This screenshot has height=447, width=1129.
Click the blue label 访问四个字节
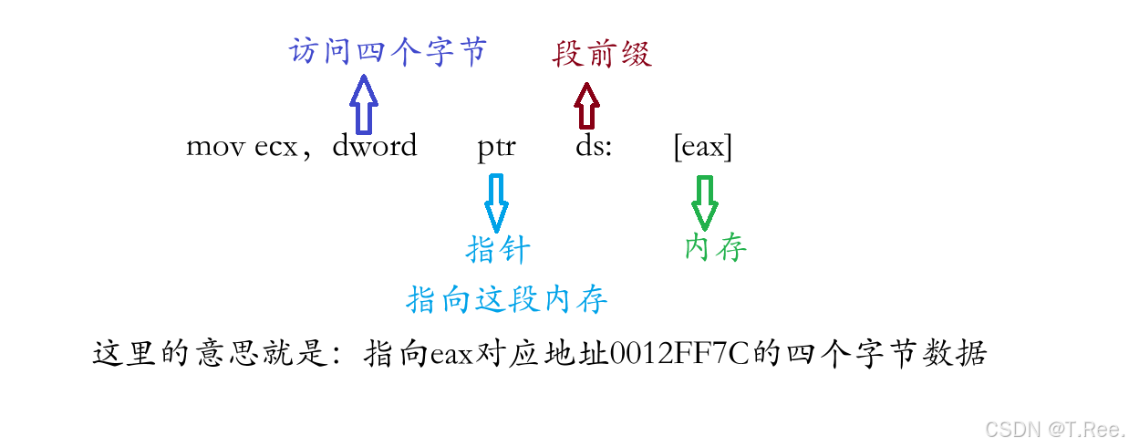388,52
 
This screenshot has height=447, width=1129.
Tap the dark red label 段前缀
602,55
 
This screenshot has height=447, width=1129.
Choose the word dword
375,146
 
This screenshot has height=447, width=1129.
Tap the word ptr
496,147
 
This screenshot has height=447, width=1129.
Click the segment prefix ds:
593,146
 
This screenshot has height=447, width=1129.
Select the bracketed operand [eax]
702,147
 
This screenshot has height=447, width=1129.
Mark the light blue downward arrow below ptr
496,202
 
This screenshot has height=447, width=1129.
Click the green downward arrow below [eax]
704,202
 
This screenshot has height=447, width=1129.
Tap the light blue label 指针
498,249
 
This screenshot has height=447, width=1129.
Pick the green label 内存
716,247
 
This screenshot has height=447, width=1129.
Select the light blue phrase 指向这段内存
507,298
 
